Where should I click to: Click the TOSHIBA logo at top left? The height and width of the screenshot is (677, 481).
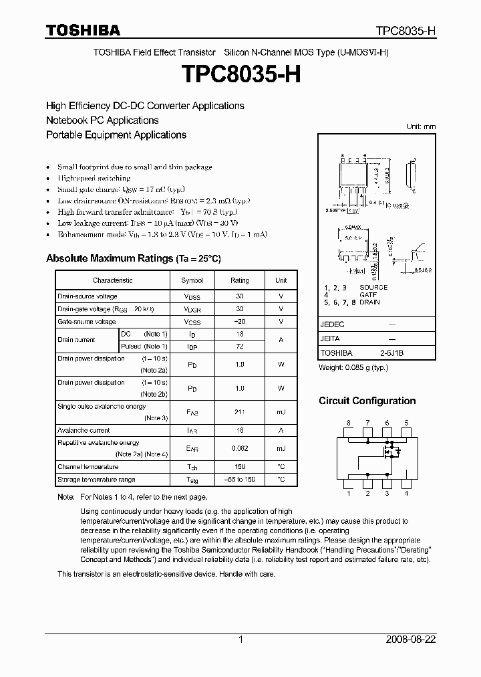pyautogui.click(x=83, y=30)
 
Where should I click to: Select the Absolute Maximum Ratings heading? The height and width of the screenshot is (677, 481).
pyautogui.click(x=133, y=258)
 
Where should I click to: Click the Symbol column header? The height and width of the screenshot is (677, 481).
pyautogui.click(x=192, y=280)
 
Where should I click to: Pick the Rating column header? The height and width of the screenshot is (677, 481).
pyautogui.click(x=240, y=280)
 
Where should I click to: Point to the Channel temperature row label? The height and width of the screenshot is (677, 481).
pyautogui.click(x=88, y=467)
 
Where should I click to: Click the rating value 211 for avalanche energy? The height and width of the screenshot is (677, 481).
pyautogui.click(x=240, y=413)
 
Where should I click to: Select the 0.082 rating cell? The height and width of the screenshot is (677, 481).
pyautogui.click(x=240, y=449)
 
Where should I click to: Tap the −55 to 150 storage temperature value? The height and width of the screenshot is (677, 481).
pyautogui.click(x=240, y=480)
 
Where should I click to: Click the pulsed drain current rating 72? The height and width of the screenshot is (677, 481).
pyautogui.click(x=240, y=347)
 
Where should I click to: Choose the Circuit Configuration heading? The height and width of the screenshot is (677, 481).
pyautogui.click(x=367, y=401)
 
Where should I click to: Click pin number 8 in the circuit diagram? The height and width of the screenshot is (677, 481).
pyautogui.click(x=347, y=423)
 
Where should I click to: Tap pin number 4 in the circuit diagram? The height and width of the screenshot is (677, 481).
pyautogui.click(x=406, y=494)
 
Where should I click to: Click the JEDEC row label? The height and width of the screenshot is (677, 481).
pyautogui.click(x=332, y=324)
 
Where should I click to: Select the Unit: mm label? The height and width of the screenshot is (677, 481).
pyautogui.click(x=421, y=126)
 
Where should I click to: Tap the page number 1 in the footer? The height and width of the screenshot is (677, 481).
pyautogui.click(x=240, y=640)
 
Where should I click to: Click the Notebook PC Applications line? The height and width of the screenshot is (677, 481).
pyautogui.click(x=102, y=120)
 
